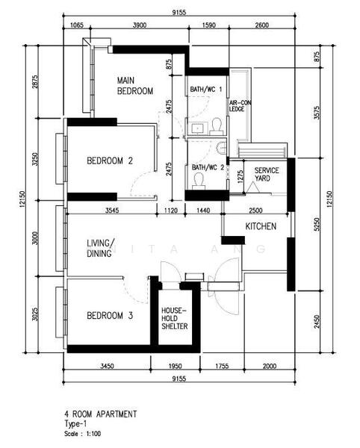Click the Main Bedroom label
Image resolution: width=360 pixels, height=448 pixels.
pos(135,86)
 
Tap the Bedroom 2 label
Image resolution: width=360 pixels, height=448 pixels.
pos(110,161)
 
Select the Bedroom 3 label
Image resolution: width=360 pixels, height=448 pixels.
pos(110,316)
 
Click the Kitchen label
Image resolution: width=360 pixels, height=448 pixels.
pos(261,226)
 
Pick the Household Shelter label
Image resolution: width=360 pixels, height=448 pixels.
pos(175,318)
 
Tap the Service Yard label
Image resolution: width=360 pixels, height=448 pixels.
pos(267,174)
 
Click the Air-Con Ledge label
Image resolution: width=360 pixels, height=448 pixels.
pos(240,106)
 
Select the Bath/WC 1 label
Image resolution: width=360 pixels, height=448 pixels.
pos(206,89)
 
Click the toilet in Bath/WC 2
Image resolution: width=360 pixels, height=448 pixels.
pos(198,182)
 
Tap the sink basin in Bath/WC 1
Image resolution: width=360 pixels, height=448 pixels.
pos(197,128)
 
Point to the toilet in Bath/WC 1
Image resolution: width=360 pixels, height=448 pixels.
pos(217,126)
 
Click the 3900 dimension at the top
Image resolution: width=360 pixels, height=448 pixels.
pos(140,25)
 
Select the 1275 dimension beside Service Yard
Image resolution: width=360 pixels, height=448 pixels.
pos(240,176)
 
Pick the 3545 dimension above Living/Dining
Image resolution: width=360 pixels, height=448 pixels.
pos(112,211)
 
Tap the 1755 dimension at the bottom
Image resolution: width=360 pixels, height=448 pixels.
pos(222,366)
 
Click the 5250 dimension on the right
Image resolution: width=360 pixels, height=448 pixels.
pos(317,225)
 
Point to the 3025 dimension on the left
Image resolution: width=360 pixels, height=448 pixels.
pos(35,314)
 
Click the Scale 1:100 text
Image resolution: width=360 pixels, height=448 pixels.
pos(83,434)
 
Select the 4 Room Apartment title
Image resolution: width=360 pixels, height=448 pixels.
pos(101,414)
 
